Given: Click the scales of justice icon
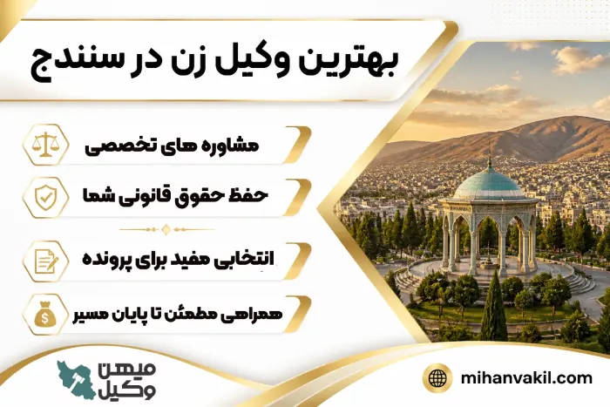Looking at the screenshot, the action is (x=45, y=145).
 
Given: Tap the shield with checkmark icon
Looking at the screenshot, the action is (x=45, y=197).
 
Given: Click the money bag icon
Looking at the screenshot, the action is (x=45, y=314).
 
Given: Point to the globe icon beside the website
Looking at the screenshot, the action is (x=437, y=378).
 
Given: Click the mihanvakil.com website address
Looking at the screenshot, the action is (x=526, y=378).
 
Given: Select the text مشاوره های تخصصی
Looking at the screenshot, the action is (x=172, y=146).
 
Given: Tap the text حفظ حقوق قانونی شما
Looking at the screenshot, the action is (x=175, y=196).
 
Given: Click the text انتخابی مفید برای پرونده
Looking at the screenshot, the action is (x=178, y=259).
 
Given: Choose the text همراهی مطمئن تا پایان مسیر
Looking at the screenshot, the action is (x=178, y=315).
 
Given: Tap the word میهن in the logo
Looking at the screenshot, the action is (x=127, y=370).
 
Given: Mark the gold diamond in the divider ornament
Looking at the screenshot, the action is (x=166, y=229).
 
